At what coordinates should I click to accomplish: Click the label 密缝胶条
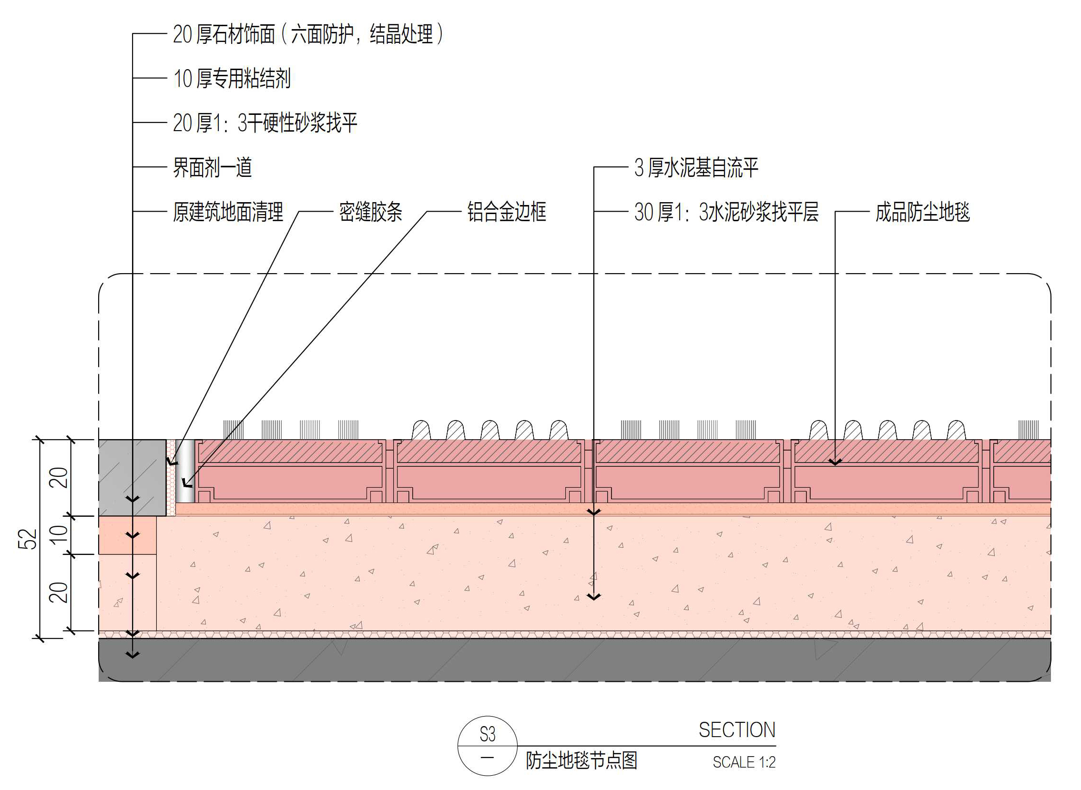tap(370, 212)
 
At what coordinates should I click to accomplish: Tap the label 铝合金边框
tap(506, 212)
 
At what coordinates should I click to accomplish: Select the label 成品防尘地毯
tap(922, 212)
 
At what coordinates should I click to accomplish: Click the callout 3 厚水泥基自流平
tap(696, 168)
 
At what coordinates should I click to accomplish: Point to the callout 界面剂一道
tap(212, 168)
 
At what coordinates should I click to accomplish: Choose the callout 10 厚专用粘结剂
tap(232, 79)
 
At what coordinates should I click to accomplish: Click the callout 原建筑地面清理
tap(227, 212)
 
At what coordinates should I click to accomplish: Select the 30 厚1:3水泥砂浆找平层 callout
tap(726, 212)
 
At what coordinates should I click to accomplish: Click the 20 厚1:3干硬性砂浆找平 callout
tap(265, 123)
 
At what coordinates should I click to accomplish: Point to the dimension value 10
tap(59, 534)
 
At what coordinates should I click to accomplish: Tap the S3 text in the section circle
tap(487, 735)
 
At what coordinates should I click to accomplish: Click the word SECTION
tap(737, 730)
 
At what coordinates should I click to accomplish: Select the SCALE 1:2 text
tap(744, 762)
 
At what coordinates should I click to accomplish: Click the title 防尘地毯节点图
tap(581, 761)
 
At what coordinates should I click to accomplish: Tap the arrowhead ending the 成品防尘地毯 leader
tap(835, 462)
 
